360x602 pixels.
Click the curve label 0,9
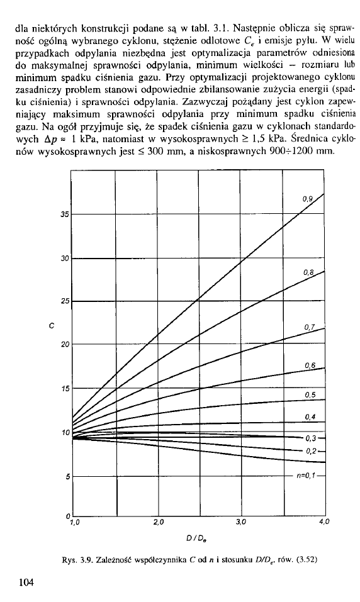(308, 199)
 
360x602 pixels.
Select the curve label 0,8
(308, 272)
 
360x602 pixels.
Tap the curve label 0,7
(308, 327)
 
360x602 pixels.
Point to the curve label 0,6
(308, 367)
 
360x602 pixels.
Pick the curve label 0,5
(308, 395)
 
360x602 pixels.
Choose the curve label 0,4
(308, 416)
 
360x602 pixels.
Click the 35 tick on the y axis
(64, 215)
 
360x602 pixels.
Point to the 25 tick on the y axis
(64, 301)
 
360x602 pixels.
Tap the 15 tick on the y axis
(64, 389)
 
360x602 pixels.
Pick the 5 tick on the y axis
(65, 476)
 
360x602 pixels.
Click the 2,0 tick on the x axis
(158, 522)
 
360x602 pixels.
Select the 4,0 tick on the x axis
(323, 522)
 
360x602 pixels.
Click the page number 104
(26, 582)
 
